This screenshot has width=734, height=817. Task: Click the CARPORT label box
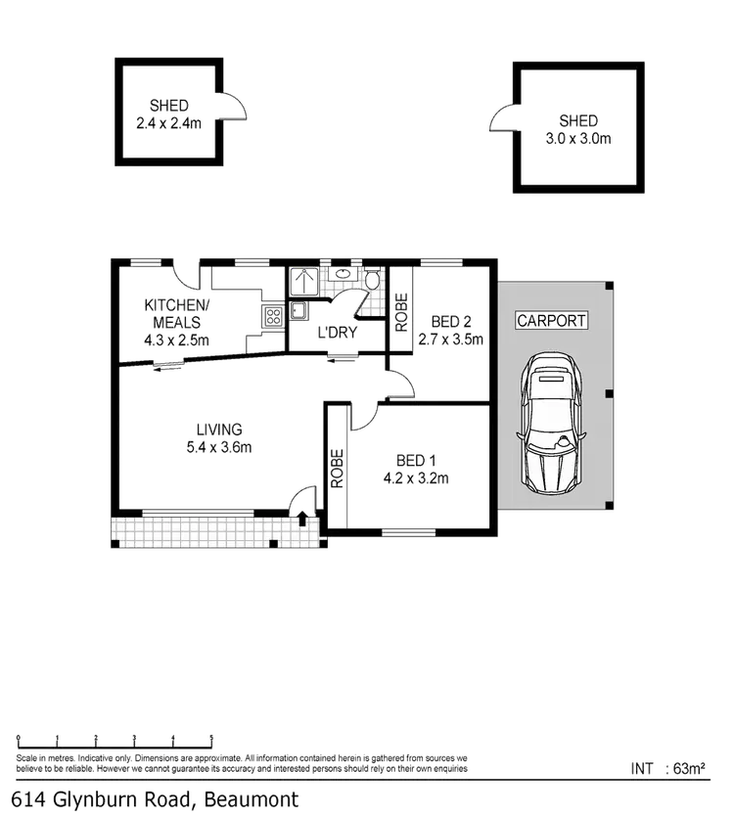551,321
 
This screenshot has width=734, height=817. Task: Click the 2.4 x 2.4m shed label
168,114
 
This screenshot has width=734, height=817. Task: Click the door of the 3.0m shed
499,119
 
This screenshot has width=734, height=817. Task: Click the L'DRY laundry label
339,334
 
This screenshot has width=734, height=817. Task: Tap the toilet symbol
372,282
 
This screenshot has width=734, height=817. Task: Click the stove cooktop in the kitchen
273,315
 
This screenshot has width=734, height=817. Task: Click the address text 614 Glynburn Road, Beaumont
152,798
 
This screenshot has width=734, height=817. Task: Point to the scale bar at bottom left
115,737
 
